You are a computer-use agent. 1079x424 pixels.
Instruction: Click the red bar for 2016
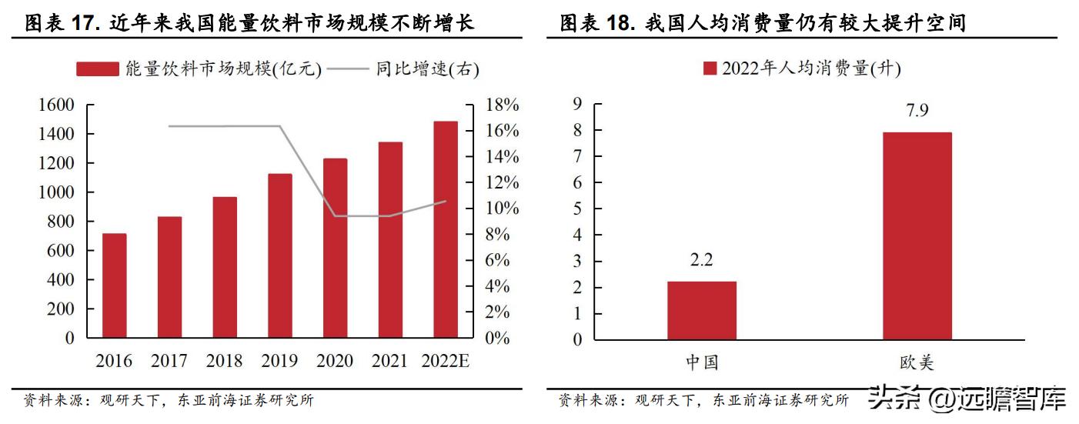[114, 285]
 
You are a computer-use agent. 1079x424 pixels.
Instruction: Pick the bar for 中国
[701, 310]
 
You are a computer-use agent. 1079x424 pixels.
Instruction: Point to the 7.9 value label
[917, 111]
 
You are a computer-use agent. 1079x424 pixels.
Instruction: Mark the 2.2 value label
[701, 260]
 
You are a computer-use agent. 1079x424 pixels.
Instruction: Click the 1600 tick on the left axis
[56, 105]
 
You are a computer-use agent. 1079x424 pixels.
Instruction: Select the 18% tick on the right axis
[503, 105]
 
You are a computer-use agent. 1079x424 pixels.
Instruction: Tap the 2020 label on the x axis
[335, 361]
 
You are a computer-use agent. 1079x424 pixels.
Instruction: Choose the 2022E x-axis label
[446, 361]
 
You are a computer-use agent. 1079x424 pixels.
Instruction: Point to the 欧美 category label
[917, 362]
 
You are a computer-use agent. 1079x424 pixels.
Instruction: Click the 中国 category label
[701, 362]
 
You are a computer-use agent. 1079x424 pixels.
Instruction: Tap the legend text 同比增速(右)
[427, 69]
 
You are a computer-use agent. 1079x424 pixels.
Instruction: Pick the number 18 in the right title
[620, 24]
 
